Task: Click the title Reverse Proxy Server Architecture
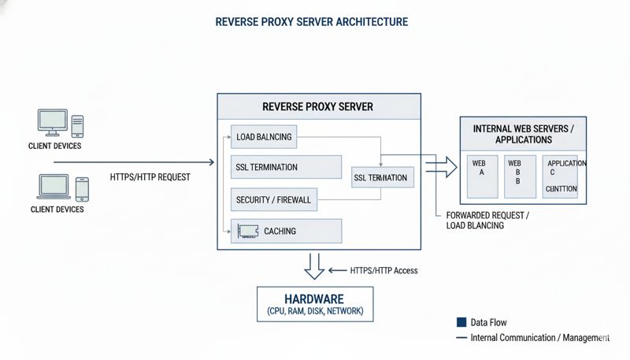pos(312,22)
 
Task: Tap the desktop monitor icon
pos(53,122)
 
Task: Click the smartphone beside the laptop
pos(82,188)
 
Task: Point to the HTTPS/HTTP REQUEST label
pos(150,177)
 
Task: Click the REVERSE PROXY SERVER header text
pos(317,106)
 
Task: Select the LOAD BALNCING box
pos(264,137)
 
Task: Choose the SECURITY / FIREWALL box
pos(274,200)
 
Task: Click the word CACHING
pos(280,231)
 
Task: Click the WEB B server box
pos(518,176)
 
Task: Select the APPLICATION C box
pos(564,176)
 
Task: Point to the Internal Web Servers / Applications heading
pos(523,134)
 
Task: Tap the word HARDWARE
pos(315,299)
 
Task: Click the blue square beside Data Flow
pos(461,322)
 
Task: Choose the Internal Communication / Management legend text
pos(540,337)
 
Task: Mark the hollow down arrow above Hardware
pos(315,266)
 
